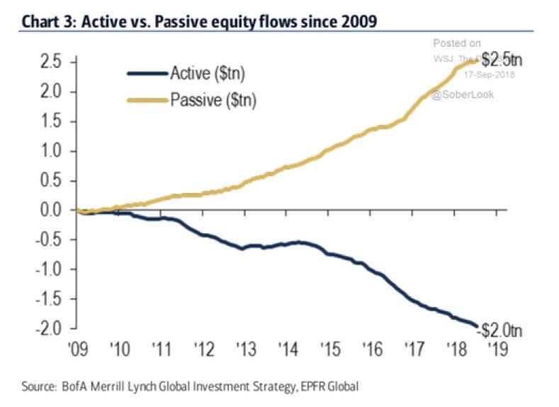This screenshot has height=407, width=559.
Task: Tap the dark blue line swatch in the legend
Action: tap(145, 73)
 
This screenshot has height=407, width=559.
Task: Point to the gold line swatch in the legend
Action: tap(145, 99)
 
